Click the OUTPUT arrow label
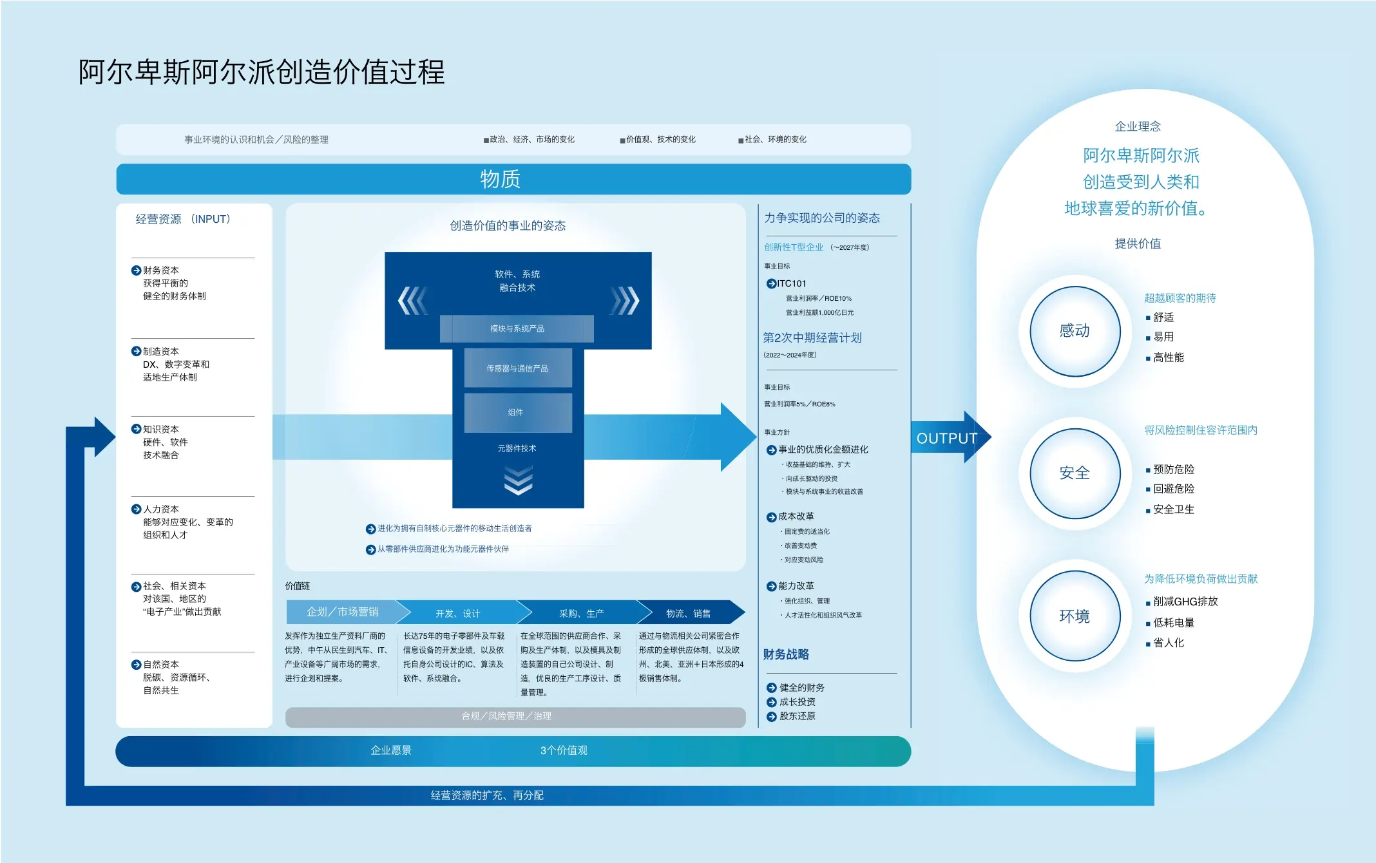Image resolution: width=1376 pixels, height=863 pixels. (947, 438)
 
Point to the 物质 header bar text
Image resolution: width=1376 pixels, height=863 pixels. (500, 178)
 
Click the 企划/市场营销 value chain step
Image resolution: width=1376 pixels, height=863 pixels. (343, 612)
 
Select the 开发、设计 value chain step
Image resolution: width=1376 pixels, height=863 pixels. (458, 612)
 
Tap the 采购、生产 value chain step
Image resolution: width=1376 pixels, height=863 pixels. (582, 612)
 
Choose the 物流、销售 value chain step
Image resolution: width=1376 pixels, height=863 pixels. (689, 612)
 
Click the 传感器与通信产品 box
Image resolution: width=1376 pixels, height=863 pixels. (518, 368)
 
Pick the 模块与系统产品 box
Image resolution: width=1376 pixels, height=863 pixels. (517, 328)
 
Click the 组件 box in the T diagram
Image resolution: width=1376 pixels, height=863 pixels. (518, 412)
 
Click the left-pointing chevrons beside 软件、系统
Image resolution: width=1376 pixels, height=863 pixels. (412, 300)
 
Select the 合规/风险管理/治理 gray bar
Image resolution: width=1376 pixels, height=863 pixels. (515, 717)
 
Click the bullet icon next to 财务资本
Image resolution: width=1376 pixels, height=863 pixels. (136, 270)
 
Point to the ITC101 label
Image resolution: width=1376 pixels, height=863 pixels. (792, 283)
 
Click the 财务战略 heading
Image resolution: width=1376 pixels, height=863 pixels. (786, 654)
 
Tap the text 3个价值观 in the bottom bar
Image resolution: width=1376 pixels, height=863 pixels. (564, 750)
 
